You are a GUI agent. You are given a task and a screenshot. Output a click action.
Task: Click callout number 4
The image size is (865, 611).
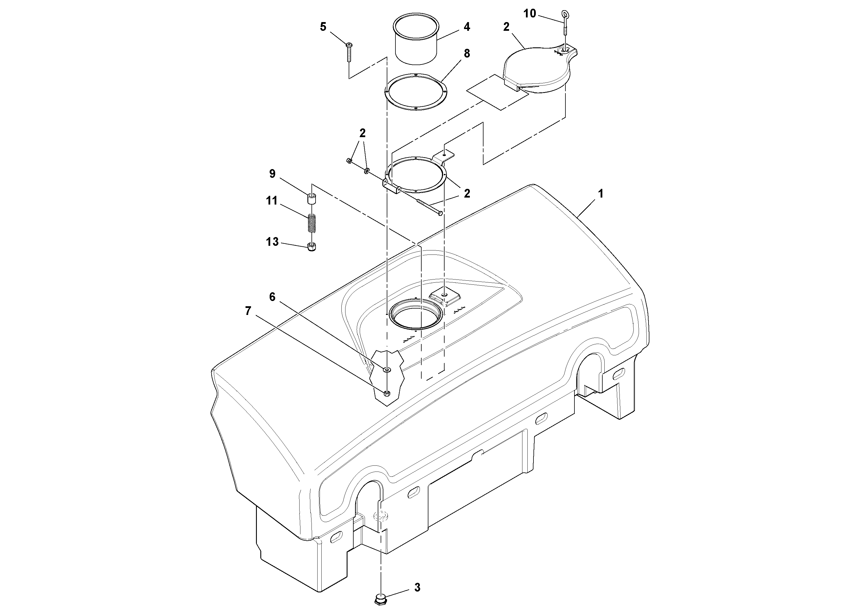coord(467,27)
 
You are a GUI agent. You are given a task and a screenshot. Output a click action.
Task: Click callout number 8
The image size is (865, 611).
coord(467,53)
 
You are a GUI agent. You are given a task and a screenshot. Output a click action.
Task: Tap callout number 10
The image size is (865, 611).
coord(529,14)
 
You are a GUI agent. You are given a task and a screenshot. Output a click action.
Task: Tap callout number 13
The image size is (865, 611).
coord(272,241)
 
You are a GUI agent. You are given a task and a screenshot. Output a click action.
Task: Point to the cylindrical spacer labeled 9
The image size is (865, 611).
coord(311,198)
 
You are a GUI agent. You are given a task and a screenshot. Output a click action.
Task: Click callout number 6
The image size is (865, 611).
coord(272,297)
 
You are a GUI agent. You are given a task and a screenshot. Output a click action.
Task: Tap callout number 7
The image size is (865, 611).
coord(248,311)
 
